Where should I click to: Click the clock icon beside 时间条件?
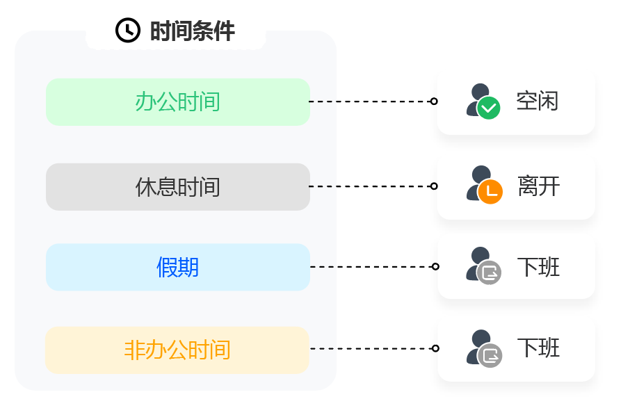[127, 31]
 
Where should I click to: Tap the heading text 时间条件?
[193, 31]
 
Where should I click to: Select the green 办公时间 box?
[177, 102]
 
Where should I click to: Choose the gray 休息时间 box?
[177, 187]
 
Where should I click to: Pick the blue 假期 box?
[177, 267]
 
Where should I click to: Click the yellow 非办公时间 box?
[177, 350]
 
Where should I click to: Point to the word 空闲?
[538, 102]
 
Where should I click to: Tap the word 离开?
[538, 186]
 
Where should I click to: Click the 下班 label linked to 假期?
[538, 267]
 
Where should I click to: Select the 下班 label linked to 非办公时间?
[538, 348]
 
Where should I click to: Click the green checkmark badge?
[488, 108]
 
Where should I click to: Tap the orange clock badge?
[490, 192]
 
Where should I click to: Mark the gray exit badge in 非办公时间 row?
[490, 355]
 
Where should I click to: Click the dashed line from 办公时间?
[369, 101]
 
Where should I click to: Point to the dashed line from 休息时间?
[369, 186]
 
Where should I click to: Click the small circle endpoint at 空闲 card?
[434, 101]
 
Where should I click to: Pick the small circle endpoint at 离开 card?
[434, 186]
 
